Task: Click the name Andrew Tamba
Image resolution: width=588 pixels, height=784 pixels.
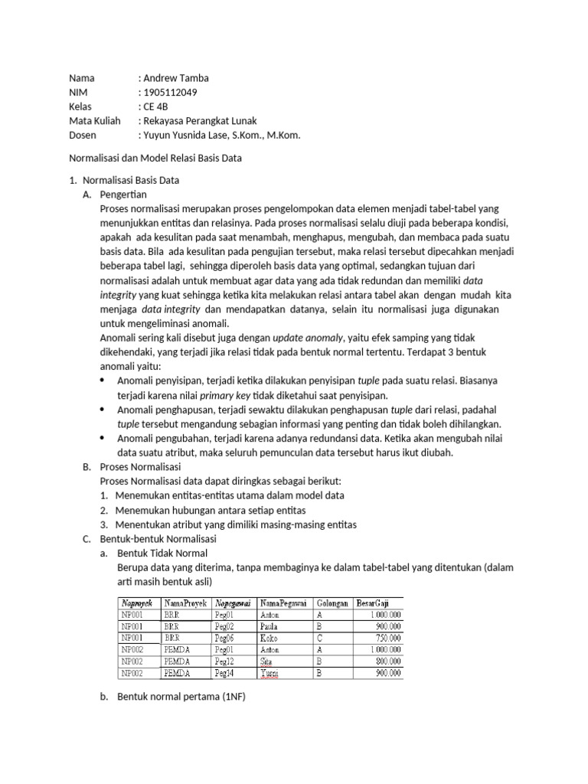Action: pos(175,77)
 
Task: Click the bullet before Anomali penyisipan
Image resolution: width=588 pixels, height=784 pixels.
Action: pos(104,381)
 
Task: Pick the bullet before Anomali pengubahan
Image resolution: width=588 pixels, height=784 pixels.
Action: pos(104,438)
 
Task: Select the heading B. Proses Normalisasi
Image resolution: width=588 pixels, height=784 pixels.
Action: pos(138,466)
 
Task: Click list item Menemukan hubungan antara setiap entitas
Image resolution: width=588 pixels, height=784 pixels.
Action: pos(211,510)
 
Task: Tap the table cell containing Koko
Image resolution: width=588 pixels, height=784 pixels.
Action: pos(269,638)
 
